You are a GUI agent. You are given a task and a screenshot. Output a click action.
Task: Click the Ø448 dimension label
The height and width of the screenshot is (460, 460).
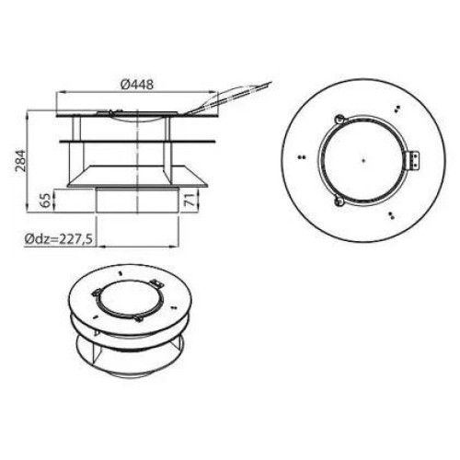coord(137,84)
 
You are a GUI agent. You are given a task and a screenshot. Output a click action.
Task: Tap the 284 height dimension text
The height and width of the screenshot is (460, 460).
coord(21,160)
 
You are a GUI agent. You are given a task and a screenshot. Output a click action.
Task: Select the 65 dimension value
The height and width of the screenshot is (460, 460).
coord(45,201)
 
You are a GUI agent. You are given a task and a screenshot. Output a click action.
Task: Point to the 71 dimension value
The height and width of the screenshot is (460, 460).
coord(191,200)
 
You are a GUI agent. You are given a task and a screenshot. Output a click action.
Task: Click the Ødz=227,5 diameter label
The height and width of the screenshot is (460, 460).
coord(59,239)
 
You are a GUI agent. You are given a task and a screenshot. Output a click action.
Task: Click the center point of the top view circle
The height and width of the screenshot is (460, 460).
coord(363,160)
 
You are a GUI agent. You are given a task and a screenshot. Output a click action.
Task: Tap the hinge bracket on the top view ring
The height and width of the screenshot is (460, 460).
coord(413,160)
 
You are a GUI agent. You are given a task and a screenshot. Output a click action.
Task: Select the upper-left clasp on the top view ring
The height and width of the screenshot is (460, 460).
coord(339,119)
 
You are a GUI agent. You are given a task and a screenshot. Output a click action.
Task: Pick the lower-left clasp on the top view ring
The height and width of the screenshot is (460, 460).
coord(339,201)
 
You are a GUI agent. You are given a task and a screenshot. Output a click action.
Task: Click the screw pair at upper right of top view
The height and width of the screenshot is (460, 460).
coord(397,109)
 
